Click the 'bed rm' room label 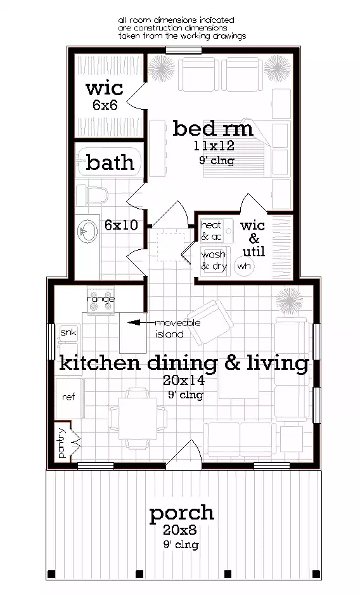tap(213, 129)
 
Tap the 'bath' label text tap(110, 163)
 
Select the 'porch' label tap(181, 513)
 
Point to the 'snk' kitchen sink tap(68, 333)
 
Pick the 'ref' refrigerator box tap(68, 396)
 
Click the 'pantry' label tap(62, 443)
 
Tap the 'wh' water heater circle tap(243, 266)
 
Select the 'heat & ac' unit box tap(211, 231)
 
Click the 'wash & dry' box tap(214, 261)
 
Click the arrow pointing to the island tap(136, 323)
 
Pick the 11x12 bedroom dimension tap(214, 147)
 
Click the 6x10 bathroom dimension tap(122, 225)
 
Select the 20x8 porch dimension tap(181, 530)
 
